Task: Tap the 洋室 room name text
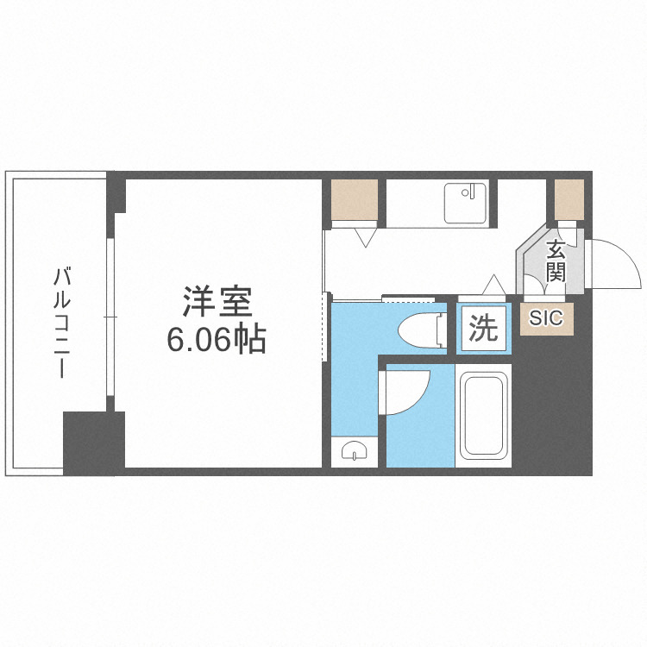(x=216, y=304)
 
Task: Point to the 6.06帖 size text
(x=216, y=342)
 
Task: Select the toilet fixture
(x=422, y=329)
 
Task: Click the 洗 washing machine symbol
(x=483, y=329)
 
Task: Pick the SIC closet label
(x=545, y=317)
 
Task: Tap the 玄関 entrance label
(x=556, y=262)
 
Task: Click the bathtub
(x=484, y=415)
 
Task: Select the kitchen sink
(x=466, y=204)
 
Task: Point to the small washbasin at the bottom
(x=354, y=450)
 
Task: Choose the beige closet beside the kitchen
(x=355, y=199)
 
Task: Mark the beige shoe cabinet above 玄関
(x=569, y=198)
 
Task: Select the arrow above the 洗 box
(x=493, y=285)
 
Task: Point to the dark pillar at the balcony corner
(x=93, y=443)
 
